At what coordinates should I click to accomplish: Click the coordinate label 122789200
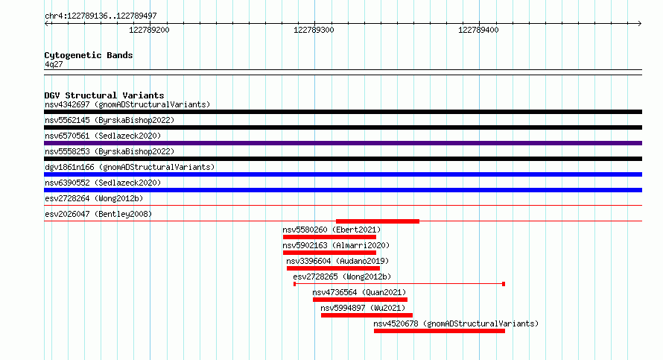point(149,30)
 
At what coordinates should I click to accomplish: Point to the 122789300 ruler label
point(314,30)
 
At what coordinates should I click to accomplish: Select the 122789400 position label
point(478,30)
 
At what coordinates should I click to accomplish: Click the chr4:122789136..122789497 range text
point(101,16)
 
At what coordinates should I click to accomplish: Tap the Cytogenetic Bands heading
point(89,55)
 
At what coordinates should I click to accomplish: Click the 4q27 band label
point(54,64)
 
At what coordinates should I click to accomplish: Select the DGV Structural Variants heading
point(104,95)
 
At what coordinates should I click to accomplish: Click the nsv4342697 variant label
point(67,104)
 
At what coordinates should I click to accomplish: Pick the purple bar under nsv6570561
point(343,143)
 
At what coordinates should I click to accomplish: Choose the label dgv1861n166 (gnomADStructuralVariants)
point(130,167)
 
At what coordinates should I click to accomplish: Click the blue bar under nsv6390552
point(343,190)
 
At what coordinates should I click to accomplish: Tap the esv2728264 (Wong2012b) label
point(94,198)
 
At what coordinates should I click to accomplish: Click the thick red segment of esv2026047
point(378,221)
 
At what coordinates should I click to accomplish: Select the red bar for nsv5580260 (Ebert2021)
point(329,237)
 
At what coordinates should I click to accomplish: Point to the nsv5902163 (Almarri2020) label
point(336,245)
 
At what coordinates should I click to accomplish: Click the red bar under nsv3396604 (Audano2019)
point(333,268)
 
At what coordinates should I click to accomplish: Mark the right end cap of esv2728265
point(504,284)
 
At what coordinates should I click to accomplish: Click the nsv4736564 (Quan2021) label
point(359,292)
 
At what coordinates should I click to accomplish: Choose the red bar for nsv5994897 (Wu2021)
point(367,315)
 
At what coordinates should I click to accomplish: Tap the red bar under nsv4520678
point(440,331)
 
